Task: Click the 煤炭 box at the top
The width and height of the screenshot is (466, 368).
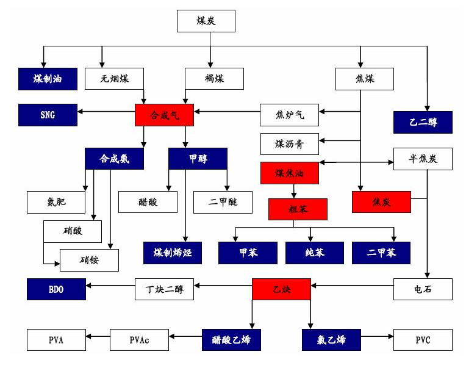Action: pos(206,21)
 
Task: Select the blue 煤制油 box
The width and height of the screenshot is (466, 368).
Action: pos(48,79)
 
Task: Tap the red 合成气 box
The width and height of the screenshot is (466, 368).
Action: pos(164,115)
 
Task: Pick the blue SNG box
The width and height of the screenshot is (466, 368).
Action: pos(48,115)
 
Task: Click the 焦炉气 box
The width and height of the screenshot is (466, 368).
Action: pos(289,114)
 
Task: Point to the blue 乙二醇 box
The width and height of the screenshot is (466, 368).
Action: pos(423,122)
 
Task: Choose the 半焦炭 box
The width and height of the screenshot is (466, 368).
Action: pos(423,159)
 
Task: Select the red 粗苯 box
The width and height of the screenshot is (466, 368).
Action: pos(298,209)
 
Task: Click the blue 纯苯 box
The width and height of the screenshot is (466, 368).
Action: pos(315,253)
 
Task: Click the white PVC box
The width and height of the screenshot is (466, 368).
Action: pos(423,340)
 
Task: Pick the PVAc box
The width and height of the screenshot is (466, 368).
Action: pos(139,340)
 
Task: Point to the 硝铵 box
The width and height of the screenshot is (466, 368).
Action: pos(89,260)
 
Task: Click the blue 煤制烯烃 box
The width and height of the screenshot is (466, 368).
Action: pos(173,253)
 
